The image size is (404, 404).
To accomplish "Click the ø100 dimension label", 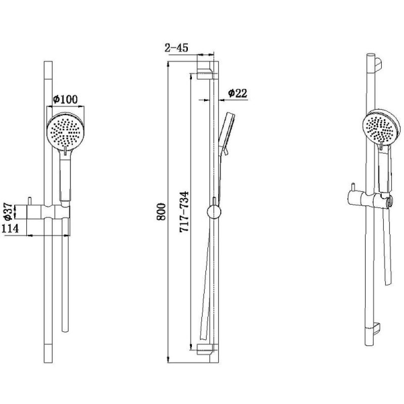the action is [65, 99].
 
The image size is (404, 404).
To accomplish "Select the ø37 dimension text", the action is [9, 212].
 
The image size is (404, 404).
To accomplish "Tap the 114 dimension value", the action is [10, 229].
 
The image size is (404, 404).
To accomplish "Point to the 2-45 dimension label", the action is [176, 47].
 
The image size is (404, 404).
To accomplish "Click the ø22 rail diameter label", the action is [237, 93].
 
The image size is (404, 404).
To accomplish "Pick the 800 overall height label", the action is [161, 212].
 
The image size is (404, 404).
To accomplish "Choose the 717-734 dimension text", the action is [184, 212].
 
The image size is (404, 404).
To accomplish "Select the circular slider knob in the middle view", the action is [214, 212].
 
